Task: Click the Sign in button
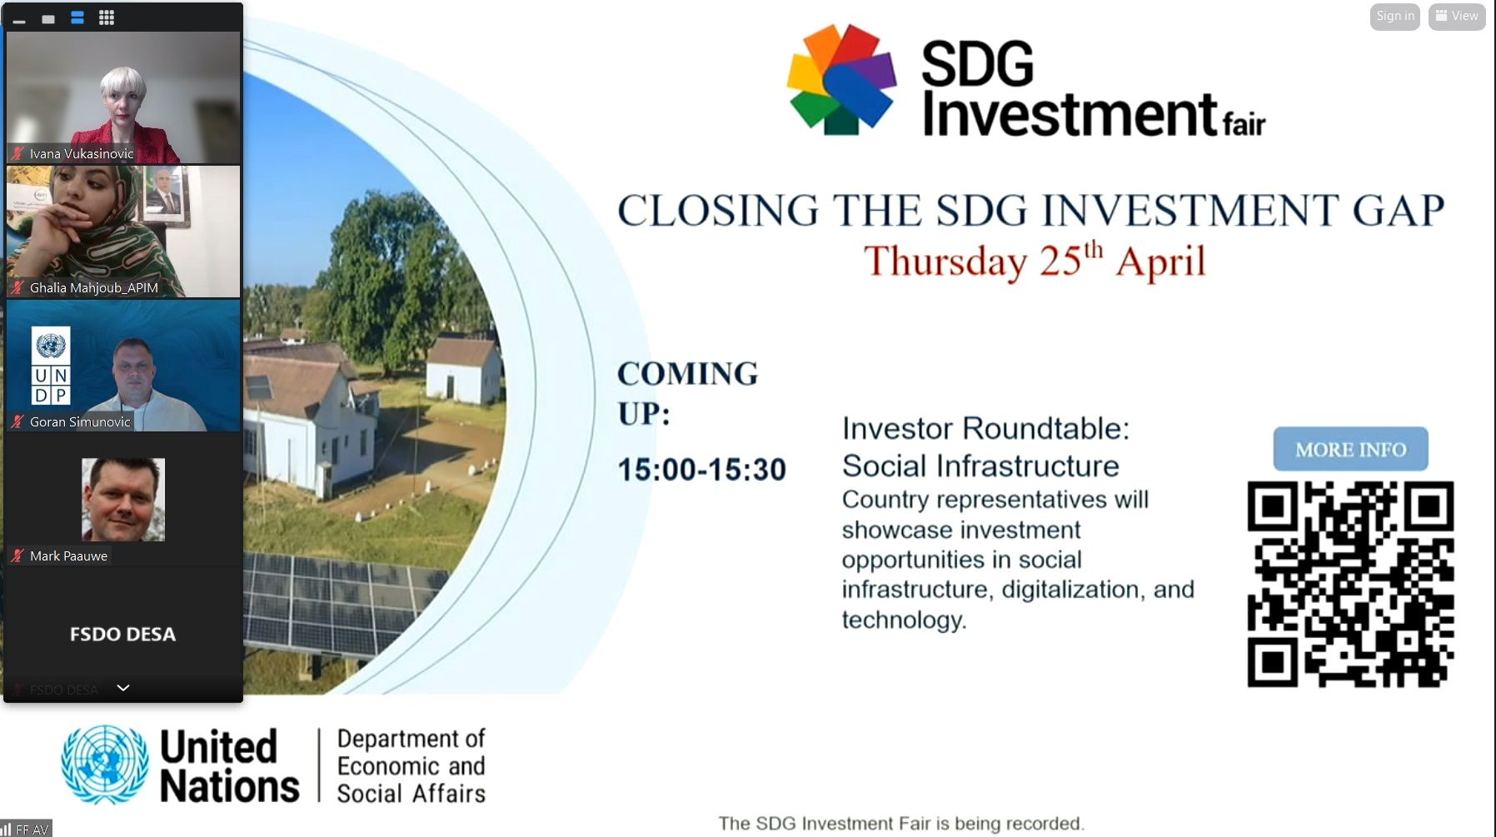click(x=1394, y=17)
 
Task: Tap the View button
click(x=1457, y=17)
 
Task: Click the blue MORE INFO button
click(x=1350, y=450)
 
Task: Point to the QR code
click(x=1350, y=584)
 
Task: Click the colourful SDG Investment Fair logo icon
click(x=842, y=79)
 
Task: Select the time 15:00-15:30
click(x=701, y=470)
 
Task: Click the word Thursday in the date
click(x=945, y=262)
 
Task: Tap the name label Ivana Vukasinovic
click(x=82, y=154)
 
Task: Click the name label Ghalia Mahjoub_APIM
click(x=94, y=288)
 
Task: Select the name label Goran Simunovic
click(x=80, y=422)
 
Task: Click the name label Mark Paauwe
click(x=68, y=556)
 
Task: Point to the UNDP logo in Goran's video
click(x=51, y=366)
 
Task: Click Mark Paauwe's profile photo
click(x=123, y=500)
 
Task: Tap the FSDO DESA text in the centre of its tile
click(x=122, y=635)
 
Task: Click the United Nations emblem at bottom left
click(x=105, y=765)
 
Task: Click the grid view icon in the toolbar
click(x=107, y=17)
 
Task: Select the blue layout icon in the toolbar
click(x=77, y=17)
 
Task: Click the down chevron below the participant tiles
click(x=123, y=688)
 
